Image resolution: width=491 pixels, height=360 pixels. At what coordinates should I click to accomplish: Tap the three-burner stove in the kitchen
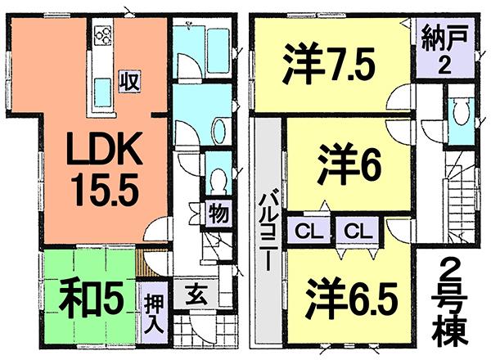pos(105,35)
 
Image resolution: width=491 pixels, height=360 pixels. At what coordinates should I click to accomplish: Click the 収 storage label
pos(128,83)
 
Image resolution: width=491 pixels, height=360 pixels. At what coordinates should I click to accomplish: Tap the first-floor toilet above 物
pos(218,178)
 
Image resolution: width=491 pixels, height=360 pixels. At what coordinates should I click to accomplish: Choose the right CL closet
pos(355,231)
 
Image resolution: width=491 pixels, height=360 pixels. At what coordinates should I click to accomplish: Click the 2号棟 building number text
pos(448,303)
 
